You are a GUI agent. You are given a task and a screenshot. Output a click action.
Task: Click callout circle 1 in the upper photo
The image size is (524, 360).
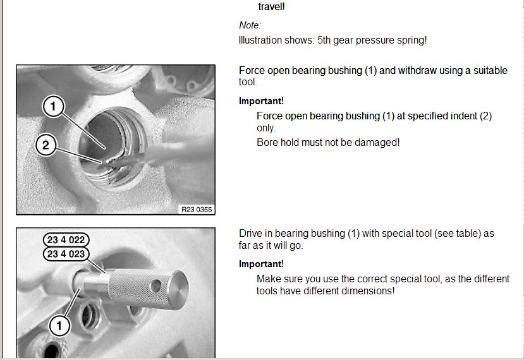pyautogui.click(x=53, y=106)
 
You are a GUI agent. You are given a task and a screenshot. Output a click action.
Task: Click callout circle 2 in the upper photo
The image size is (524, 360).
pyautogui.click(x=46, y=145)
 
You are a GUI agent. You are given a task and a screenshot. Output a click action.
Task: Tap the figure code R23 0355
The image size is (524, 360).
pyautogui.click(x=197, y=210)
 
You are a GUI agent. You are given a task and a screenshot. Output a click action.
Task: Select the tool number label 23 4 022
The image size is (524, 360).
pyautogui.click(x=66, y=240)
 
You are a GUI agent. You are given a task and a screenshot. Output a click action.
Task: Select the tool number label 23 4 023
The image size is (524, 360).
pyautogui.click(x=66, y=254)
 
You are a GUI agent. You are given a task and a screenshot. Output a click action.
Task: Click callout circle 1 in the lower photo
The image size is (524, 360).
pyautogui.click(x=59, y=325)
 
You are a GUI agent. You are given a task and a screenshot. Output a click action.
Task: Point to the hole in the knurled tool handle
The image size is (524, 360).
pyautogui.click(x=155, y=286)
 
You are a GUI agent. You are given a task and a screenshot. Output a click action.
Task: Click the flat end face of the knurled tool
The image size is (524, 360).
pyautogui.click(x=178, y=289)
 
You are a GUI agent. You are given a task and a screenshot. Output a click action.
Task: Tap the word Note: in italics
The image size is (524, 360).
pyautogui.click(x=250, y=25)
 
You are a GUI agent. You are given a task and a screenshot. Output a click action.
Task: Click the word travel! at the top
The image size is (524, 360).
pyautogui.click(x=271, y=7)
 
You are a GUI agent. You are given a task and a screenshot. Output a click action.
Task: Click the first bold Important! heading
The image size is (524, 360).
pyautogui.click(x=261, y=101)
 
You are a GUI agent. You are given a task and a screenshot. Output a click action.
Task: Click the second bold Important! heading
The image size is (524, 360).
pyautogui.click(x=261, y=264)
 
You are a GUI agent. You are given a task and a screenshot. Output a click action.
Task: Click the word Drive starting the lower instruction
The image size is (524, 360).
pyautogui.click(x=249, y=234)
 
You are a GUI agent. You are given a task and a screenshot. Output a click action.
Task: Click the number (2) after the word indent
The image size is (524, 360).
pyautogui.click(x=485, y=116)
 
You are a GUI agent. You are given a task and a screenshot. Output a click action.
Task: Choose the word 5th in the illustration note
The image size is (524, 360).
pyautogui.click(x=324, y=40)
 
